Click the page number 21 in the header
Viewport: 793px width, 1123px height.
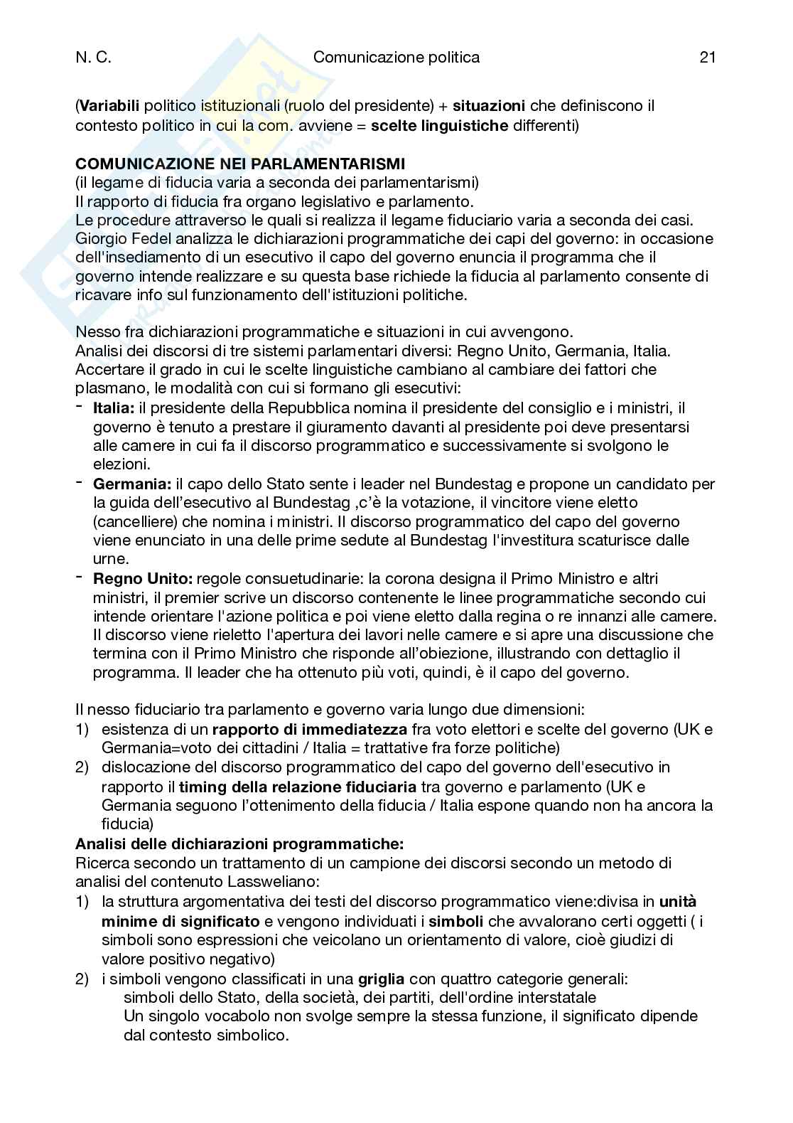[x=706, y=58]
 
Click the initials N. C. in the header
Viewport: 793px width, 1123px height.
[x=93, y=58]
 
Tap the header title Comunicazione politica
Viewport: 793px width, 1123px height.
[x=396, y=58]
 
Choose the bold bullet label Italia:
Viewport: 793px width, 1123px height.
[x=114, y=408]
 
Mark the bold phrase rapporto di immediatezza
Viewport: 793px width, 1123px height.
[x=310, y=729]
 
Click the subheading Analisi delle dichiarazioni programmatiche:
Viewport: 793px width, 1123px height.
[x=239, y=844]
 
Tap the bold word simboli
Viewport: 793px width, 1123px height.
[x=456, y=921]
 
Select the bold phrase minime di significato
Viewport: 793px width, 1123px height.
[x=180, y=921]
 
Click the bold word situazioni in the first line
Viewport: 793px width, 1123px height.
[x=489, y=107]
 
